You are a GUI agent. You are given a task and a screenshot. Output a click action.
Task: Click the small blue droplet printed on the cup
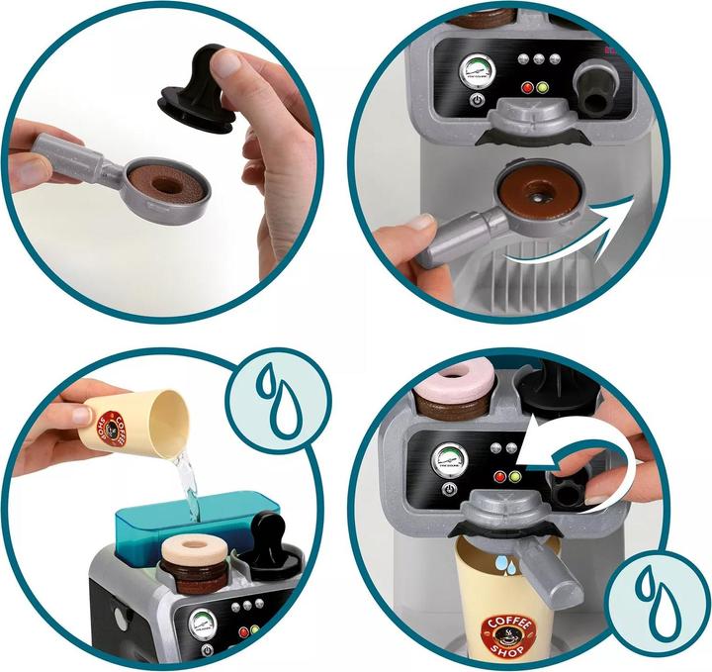coord(505,563)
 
